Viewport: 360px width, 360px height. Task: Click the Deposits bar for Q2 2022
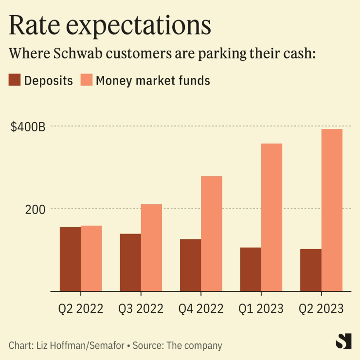(70, 259)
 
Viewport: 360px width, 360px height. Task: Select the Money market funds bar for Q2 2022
(91, 258)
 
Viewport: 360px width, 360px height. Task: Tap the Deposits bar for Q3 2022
(130, 263)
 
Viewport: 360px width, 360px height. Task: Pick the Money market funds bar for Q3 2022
(151, 248)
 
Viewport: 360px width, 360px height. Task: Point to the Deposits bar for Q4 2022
(190, 265)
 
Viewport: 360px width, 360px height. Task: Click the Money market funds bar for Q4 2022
(212, 234)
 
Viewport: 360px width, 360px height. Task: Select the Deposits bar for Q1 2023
(251, 270)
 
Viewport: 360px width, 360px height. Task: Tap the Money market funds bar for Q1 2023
(271, 217)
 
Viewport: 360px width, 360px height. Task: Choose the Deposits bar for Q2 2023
(311, 270)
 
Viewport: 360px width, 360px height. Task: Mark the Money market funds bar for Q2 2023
(332, 210)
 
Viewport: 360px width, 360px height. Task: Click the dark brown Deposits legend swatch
(15, 80)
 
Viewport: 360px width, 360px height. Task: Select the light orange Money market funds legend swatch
(86, 80)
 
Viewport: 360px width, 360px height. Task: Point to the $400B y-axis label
(28, 127)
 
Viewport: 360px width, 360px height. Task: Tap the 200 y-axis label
(35, 210)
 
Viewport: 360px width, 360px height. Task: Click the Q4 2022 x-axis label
(201, 308)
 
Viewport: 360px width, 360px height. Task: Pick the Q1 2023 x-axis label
(261, 308)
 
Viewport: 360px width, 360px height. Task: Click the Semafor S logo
(343, 341)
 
